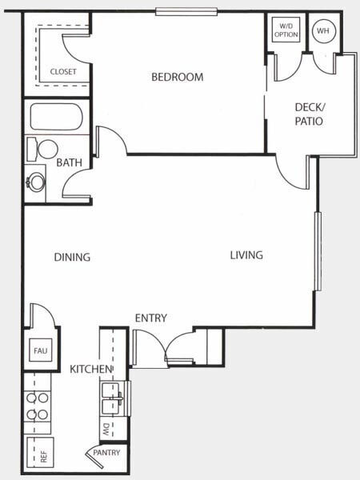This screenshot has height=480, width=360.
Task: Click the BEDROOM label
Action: pos(178,77)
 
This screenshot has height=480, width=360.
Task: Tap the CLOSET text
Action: pos(63,72)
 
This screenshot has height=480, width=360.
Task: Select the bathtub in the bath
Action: pos(56,117)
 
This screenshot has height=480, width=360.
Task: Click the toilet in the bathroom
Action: pos(42,150)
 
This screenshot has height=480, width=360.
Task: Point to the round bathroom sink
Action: pos(36,182)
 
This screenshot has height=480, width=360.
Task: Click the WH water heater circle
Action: pos(324,31)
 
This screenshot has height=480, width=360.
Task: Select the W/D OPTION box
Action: pos(286,30)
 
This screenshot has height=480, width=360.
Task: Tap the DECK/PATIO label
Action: pos(310,114)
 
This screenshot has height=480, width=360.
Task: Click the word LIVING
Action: pos(246,255)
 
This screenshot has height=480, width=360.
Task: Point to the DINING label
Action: pos(72,257)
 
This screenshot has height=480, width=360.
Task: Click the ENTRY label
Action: pos(151,318)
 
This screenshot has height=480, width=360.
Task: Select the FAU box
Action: pos(41,350)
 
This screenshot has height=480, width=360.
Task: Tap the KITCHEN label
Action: pos(91,369)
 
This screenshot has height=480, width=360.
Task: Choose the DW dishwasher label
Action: pos(106,430)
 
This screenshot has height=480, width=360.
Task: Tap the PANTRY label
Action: pos(106,453)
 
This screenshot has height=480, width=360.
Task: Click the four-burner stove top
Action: pos(38,406)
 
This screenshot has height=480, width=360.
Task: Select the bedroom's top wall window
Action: pos(186,12)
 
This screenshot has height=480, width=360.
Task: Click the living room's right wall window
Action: pos(318,250)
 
